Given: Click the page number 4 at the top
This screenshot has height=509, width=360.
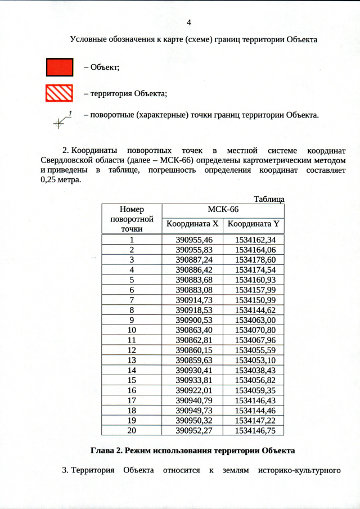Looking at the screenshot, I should [x=189, y=22].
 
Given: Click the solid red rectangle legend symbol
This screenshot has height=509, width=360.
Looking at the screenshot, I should [x=59, y=67].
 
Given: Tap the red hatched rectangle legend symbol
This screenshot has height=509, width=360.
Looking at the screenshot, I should [x=59, y=93].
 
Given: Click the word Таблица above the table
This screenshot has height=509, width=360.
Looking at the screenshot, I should [x=269, y=199].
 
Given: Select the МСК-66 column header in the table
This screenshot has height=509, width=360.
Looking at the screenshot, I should [x=223, y=209].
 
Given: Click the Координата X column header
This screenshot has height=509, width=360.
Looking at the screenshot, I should [x=192, y=224].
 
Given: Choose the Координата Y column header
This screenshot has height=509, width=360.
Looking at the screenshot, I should [x=253, y=224].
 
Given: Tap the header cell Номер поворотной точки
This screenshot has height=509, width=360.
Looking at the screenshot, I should [x=132, y=218].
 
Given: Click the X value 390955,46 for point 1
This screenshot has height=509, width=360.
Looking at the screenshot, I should [x=192, y=240].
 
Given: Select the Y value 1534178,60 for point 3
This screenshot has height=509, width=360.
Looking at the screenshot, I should [x=253, y=259].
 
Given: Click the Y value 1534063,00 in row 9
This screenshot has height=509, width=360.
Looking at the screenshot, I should [x=253, y=319].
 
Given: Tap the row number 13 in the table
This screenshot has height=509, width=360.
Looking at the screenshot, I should [x=132, y=359].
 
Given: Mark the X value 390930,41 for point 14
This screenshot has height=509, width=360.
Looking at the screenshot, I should [x=192, y=370].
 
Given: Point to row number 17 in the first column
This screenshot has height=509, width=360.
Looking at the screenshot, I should [x=132, y=400].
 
